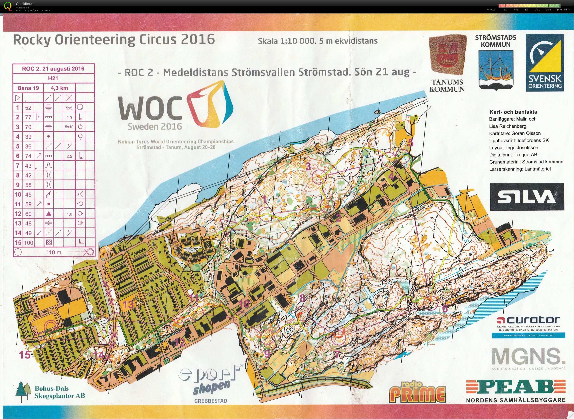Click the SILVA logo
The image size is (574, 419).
527,197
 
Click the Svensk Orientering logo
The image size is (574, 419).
545,63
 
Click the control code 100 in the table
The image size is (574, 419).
29,242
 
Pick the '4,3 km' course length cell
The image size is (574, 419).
60,88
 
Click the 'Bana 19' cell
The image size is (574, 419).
28,88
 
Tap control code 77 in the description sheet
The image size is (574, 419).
28,117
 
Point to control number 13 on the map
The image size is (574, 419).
128,304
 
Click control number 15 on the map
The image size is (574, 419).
25,355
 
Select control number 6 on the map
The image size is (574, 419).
445,309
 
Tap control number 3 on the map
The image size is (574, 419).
308,166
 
